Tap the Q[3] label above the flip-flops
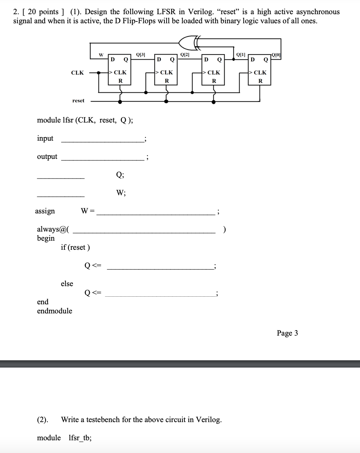140,55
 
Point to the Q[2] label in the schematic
185,55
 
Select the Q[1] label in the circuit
241,55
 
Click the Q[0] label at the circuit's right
276,55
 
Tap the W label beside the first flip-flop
101,55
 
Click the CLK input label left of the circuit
77,73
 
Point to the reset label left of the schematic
78,100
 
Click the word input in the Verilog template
45,139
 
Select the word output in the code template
47,157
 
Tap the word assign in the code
45,211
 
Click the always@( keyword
53,229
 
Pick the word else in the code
67,284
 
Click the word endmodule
55,311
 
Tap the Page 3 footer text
287,333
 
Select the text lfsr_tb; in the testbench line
80,438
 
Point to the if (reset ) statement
75,247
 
